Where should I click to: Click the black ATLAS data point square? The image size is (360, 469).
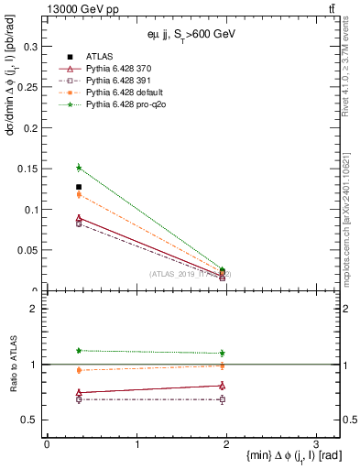pyautogui.click(x=79, y=187)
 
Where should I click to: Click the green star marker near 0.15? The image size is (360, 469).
pyautogui.click(x=79, y=168)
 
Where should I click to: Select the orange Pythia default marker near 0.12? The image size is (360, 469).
pyautogui.click(x=79, y=194)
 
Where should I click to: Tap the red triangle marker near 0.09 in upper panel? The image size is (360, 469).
pyautogui.click(x=79, y=218)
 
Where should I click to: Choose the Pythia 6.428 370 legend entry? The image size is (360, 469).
pyautogui.click(x=125, y=69)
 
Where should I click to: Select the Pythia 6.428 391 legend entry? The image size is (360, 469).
pyautogui.click(x=125, y=82)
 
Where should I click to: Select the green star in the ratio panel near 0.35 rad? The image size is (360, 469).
pyautogui.click(x=79, y=351)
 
